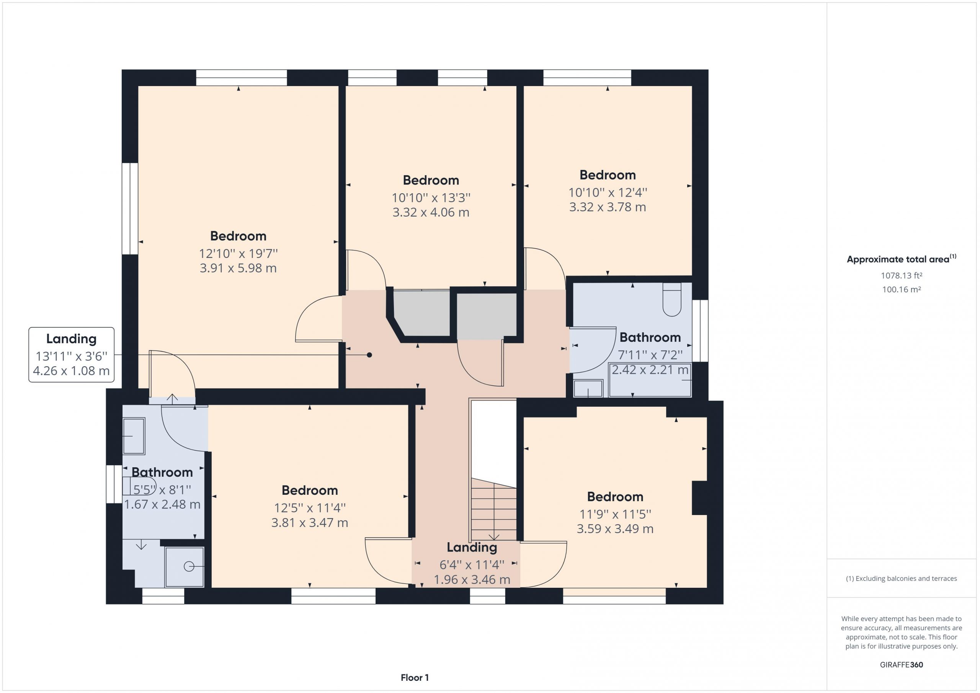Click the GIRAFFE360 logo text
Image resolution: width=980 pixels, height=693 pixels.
901,664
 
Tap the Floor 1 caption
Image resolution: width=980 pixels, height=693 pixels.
415,678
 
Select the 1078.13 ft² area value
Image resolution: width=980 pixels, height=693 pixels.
901,276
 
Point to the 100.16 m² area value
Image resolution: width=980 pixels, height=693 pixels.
901,289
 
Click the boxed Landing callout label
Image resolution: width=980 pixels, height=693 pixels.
71,355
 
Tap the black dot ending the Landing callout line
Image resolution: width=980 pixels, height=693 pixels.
369,355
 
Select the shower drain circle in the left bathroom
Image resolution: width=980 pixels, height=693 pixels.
189,567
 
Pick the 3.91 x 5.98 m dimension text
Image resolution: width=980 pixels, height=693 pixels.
238,268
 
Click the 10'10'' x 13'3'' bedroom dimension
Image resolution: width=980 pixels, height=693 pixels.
431,197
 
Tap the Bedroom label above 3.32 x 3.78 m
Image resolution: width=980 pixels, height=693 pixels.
608,175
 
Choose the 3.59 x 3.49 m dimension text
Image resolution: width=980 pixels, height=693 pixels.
615,529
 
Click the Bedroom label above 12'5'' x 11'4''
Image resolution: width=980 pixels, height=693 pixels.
309,490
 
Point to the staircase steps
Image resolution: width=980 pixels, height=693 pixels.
493,510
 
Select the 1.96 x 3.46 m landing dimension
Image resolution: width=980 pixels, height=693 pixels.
472,579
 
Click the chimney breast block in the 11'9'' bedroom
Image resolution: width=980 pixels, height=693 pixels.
699,498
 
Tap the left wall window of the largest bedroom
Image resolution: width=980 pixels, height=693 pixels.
130,209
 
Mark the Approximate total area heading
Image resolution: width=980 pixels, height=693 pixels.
902,259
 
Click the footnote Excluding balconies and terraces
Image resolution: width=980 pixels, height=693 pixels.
901,579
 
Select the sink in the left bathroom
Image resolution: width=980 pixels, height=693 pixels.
134,436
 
